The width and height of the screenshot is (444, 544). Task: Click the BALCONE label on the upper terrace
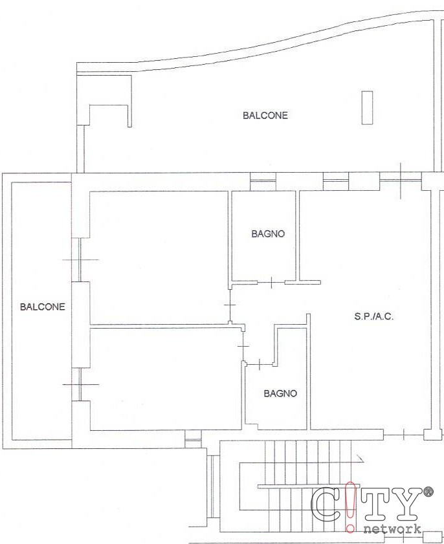coord(265,116)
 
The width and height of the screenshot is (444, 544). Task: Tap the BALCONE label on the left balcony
coord(42,307)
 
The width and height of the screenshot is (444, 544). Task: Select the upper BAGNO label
coord(268,234)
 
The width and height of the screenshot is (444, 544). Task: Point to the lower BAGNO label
coord(280,393)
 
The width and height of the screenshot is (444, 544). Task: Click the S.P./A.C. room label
coord(374,316)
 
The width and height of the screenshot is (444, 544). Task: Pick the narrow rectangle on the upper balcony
coord(367,107)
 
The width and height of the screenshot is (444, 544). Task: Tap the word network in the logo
coord(393,529)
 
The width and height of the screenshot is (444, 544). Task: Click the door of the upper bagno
coord(271,283)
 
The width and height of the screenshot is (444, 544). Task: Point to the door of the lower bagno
coord(260,364)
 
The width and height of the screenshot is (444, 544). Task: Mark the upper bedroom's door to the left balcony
coord(80,259)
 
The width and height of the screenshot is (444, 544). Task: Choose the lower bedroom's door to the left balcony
coord(80,384)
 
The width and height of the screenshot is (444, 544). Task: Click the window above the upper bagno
coord(263,181)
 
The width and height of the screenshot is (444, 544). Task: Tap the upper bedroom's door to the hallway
coord(230,305)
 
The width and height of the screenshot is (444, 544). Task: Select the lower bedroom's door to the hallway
coord(243,346)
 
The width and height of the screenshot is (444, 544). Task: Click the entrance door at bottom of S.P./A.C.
coord(404,435)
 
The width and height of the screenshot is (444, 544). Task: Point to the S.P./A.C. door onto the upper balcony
coord(401,180)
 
